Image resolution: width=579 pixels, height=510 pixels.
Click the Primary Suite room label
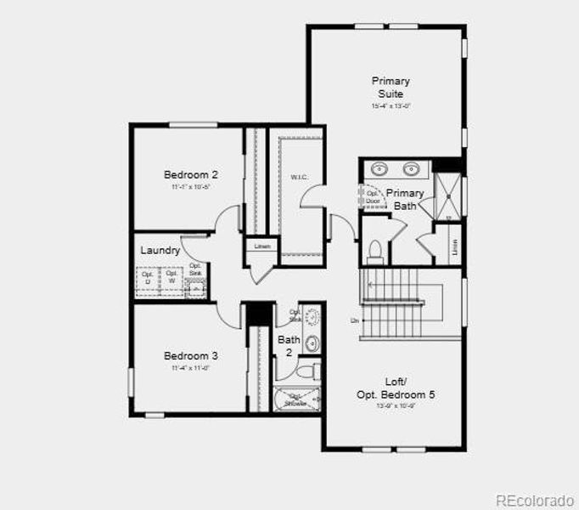click(391, 87)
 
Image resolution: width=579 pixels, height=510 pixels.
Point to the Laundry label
click(160, 250)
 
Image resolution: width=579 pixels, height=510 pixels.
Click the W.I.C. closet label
click(299, 178)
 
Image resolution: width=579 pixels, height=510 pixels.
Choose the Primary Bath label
click(405, 199)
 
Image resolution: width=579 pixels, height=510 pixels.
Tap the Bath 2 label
click(288, 346)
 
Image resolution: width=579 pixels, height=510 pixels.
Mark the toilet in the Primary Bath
click(374, 250)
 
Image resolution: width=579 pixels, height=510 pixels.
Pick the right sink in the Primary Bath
click(412, 168)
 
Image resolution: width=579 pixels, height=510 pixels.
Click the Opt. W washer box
click(171, 277)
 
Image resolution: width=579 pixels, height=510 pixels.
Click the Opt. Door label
click(373, 197)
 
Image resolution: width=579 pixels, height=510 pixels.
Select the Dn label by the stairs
click(354, 320)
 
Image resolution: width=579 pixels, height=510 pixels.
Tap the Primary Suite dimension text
click(391, 107)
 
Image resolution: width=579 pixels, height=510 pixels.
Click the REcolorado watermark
click(534, 499)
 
